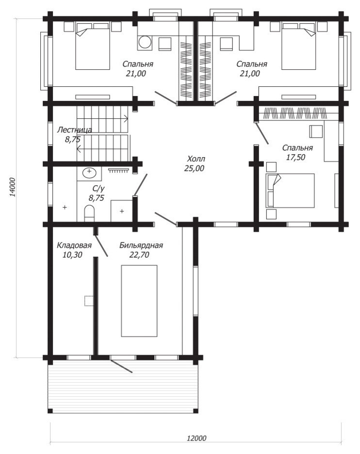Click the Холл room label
click(196, 159)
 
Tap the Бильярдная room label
click(141, 245)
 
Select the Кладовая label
click(74, 245)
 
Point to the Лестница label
click(74, 130)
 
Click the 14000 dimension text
click(13, 187)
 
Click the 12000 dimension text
click(196, 438)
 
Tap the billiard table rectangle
click(139, 301)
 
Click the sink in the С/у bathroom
click(89, 173)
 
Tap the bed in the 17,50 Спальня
click(290, 191)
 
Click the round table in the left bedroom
click(145, 43)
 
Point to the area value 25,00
click(195, 168)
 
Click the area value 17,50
click(295, 158)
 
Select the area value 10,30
click(72, 255)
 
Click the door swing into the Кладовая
click(101, 245)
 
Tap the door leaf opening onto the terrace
click(121, 366)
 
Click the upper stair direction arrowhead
click(126, 118)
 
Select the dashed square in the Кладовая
click(89, 301)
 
